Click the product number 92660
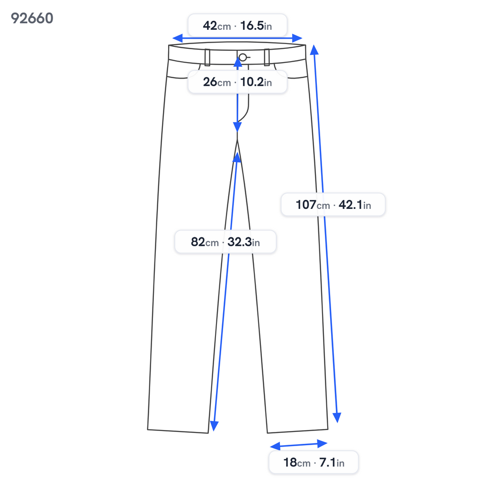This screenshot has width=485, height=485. click(x=32, y=18)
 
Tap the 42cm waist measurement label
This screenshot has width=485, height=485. click(x=237, y=26)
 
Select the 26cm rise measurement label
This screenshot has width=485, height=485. click(x=237, y=82)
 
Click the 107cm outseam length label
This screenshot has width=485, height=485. click(x=333, y=205)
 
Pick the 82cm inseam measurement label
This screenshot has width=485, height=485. click(x=225, y=242)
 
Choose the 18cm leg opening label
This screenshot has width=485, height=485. click(x=314, y=462)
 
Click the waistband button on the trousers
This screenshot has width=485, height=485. click(x=243, y=57)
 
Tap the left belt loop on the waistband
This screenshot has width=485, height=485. click(x=207, y=57)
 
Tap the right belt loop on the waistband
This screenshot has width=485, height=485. click(x=267, y=57)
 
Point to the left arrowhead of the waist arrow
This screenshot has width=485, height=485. click(x=177, y=38)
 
